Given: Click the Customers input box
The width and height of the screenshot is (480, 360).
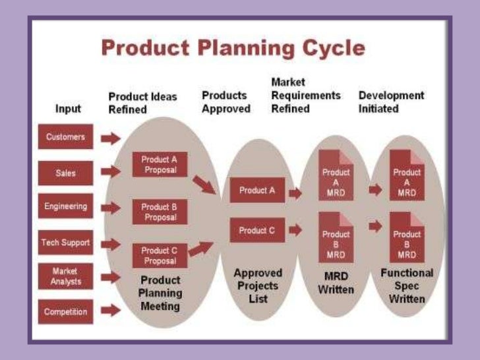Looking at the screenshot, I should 66,138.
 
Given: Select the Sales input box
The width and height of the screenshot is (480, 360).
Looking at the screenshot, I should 66,173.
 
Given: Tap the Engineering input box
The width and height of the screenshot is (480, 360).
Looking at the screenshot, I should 66,206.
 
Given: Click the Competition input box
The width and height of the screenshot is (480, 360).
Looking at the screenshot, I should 66,311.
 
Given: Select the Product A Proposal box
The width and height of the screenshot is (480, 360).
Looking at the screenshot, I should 159,165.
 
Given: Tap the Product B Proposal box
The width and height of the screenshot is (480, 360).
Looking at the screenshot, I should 159,212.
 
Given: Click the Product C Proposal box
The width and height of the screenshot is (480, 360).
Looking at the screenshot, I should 159,256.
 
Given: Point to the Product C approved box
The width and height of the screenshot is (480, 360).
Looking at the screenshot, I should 258,231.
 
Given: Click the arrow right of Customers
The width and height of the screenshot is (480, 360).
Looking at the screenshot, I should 111,138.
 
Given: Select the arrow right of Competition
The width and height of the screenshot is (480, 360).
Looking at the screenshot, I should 111,309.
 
